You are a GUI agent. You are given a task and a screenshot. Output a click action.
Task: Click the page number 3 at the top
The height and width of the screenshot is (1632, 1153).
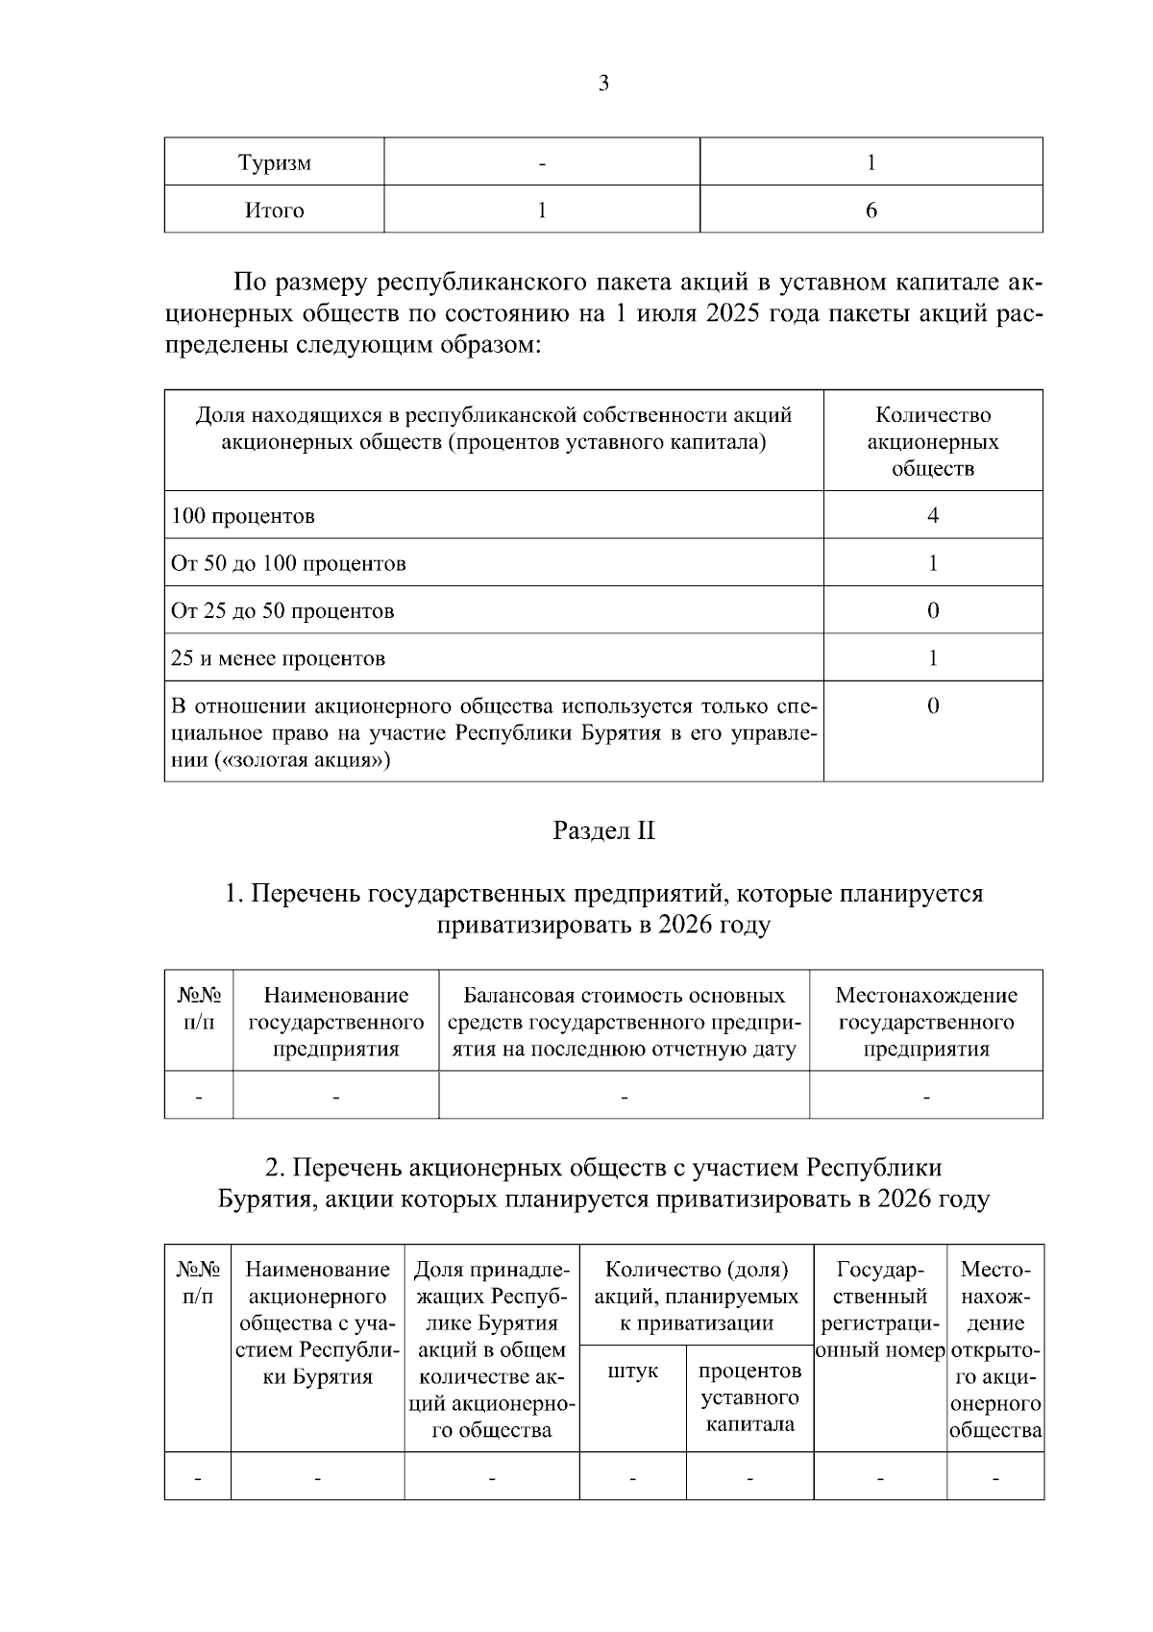603,84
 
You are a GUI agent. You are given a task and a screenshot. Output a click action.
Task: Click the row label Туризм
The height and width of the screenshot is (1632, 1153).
275,162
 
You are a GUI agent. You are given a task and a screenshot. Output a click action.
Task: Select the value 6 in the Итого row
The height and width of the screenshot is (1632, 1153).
871,210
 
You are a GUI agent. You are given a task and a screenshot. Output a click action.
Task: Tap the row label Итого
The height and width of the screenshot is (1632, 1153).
275,210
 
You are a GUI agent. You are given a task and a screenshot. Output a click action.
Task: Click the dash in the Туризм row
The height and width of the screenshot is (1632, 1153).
542,163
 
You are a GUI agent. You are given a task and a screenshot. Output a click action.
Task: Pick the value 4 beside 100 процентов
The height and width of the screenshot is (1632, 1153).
932,516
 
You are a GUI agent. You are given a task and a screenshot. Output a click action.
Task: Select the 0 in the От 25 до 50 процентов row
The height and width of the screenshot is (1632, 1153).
932,611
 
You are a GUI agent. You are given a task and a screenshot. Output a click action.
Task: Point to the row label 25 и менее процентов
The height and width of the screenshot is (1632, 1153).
278,659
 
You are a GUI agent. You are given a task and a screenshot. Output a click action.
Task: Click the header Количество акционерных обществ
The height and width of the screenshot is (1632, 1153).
932,442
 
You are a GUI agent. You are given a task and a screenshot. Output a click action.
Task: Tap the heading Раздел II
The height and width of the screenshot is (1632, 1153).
603,831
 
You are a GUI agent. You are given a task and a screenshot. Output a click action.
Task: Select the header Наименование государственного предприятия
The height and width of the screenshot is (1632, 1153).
335,1022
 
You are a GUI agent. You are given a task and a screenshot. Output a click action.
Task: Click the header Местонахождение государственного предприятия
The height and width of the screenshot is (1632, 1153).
925,1022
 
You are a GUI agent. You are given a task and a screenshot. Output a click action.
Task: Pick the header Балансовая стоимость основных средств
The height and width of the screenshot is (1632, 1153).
624,1022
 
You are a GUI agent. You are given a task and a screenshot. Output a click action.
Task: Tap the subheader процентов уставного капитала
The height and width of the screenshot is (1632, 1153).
749,1397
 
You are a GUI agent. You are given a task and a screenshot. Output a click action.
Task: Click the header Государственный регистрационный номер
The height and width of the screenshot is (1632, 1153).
880,1310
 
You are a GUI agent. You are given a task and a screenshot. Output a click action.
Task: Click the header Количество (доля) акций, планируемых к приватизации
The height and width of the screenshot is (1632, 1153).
697,1296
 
